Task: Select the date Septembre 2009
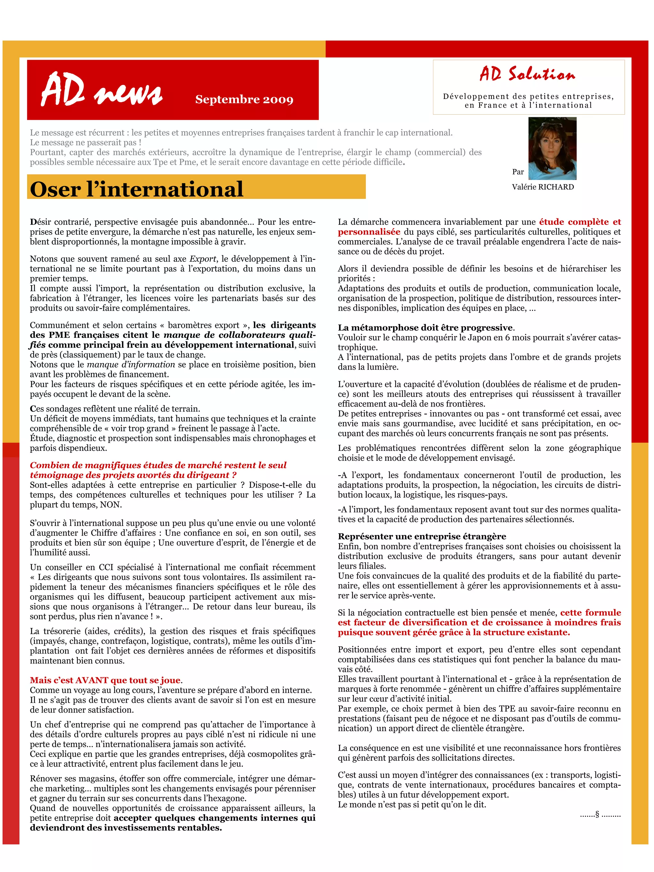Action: click(244, 99)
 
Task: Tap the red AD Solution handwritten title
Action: click(527, 74)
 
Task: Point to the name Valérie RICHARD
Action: click(543, 187)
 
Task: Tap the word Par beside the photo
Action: click(518, 172)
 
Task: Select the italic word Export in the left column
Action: click(203, 259)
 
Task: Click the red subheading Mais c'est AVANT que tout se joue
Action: click(105, 680)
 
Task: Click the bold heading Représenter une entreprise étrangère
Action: click(422, 536)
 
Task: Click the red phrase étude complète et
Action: click(580, 222)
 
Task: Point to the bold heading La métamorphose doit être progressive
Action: click(425, 328)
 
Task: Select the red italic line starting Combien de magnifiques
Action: click(158, 466)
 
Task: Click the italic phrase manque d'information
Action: click(131, 365)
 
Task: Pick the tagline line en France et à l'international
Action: click(528, 105)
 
